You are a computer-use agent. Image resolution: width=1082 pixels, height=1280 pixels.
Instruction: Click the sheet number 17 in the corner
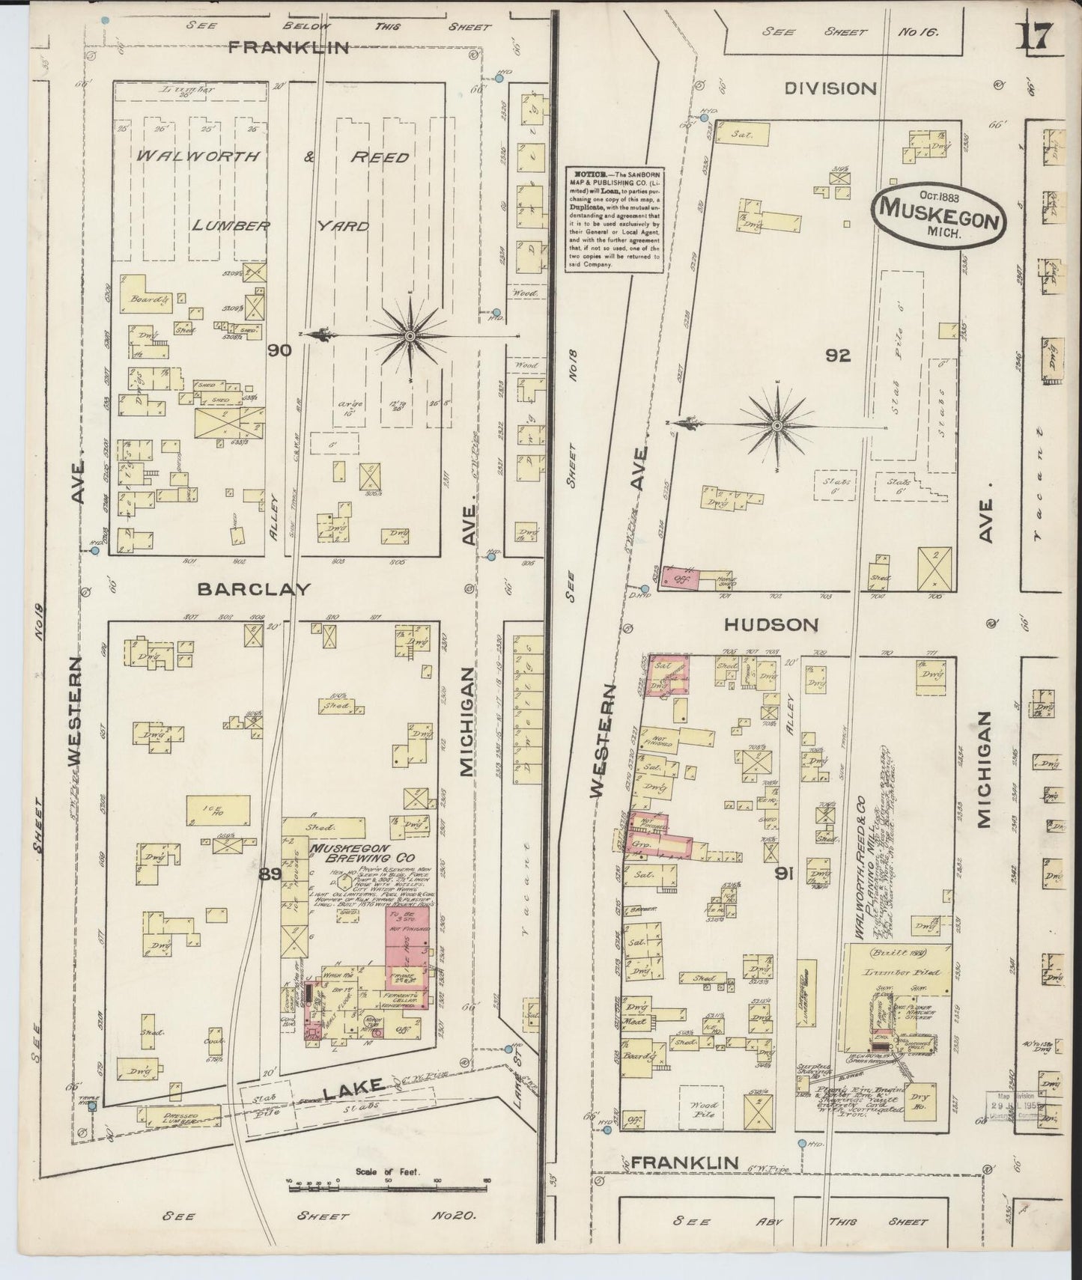pos(1036,35)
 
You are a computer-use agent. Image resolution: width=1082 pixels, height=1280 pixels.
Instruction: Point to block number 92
pos(838,356)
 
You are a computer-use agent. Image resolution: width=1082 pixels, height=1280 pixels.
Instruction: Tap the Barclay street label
pos(254,589)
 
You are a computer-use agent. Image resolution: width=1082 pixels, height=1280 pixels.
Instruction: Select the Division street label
pos(830,88)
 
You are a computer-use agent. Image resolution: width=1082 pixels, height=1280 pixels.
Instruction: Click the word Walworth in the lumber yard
pos(198,156)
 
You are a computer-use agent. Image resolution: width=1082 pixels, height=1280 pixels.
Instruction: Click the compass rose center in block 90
pos(410,337)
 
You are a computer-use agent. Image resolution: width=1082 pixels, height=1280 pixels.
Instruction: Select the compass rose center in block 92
pos(777,426)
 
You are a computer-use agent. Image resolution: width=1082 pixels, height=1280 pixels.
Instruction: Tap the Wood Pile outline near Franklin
pos(704,1109)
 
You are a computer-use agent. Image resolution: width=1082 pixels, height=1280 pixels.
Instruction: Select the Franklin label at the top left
pos(288,47)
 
